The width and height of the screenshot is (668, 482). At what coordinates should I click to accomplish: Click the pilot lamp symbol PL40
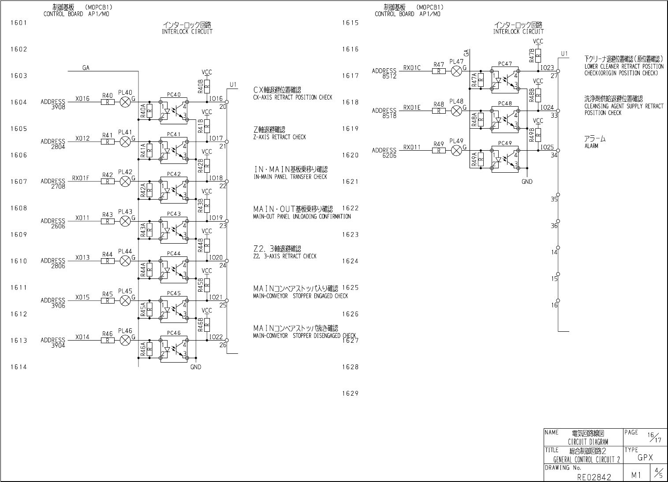tap(126, 102)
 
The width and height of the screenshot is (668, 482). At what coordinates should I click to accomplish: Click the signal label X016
tap(82, 99)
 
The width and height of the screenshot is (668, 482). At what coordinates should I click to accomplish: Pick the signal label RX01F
tap(81, 178)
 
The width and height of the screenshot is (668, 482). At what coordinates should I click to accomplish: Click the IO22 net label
tap(216, 337)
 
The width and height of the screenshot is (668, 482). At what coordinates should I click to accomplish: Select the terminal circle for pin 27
tap(558, 71)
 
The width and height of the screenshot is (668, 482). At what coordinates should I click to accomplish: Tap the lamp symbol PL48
tap(457, 111)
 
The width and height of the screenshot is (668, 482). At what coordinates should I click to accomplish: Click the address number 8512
tap(390, 76)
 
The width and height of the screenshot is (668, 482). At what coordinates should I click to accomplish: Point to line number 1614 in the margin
tap(19, 367)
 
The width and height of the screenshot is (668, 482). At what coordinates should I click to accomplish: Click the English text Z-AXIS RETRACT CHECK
tap(280, 137)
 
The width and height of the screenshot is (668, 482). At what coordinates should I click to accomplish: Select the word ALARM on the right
tap(591, 146)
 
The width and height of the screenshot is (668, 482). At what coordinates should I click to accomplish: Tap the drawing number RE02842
tap(594, 477)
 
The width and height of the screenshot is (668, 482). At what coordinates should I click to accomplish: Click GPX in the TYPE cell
tap(646, 458)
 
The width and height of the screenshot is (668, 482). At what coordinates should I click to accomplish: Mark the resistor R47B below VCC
tap(538, 56)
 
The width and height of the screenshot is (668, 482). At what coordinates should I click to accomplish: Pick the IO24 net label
tap(547, 108)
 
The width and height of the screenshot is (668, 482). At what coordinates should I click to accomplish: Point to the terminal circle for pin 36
tap(558, 221)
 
